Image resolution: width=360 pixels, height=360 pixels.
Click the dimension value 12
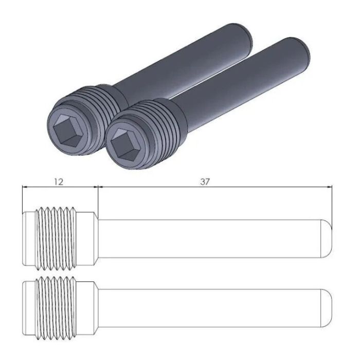coord(59,182)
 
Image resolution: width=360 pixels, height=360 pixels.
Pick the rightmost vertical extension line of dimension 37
coord(332,206)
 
